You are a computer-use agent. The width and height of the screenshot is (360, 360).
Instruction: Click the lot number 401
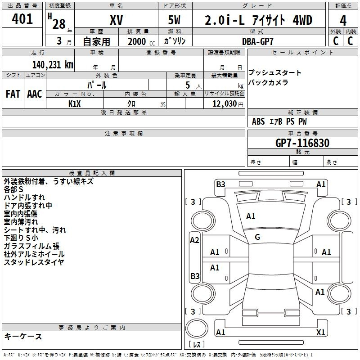coord(22,19)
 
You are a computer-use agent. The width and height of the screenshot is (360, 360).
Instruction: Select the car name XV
coord(117,20)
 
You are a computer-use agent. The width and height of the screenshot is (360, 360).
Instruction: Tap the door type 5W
coord(175,20)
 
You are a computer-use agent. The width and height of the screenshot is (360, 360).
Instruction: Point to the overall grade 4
coord(343,20)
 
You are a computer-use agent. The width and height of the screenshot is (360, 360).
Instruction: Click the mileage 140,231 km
coord(53,64)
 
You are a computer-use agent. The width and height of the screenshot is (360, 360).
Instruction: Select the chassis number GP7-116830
coord(302,143)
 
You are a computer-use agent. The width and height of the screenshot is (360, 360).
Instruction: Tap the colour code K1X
coord(75,104)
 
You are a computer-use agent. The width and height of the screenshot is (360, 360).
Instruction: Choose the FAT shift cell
coord(13,94)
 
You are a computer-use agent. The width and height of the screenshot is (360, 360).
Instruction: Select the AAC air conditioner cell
coord(35,94)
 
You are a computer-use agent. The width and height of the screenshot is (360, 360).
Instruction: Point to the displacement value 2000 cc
coord(137,41)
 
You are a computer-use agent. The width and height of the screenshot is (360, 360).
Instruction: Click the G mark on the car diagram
coord(257,237)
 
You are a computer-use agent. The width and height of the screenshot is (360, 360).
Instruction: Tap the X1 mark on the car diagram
coord(320,333)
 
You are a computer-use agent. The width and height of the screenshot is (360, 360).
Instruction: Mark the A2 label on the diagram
coord(194,240)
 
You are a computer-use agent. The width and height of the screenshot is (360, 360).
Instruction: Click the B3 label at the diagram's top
coord(220,184)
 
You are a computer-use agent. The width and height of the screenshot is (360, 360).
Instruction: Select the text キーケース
coord(23,337)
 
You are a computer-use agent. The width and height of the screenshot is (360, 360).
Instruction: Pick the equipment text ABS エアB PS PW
coord(279,121)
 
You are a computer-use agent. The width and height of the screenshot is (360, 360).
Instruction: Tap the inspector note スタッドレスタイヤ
coord(34,262)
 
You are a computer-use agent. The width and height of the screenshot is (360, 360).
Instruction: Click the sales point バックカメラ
coord(268,82)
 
